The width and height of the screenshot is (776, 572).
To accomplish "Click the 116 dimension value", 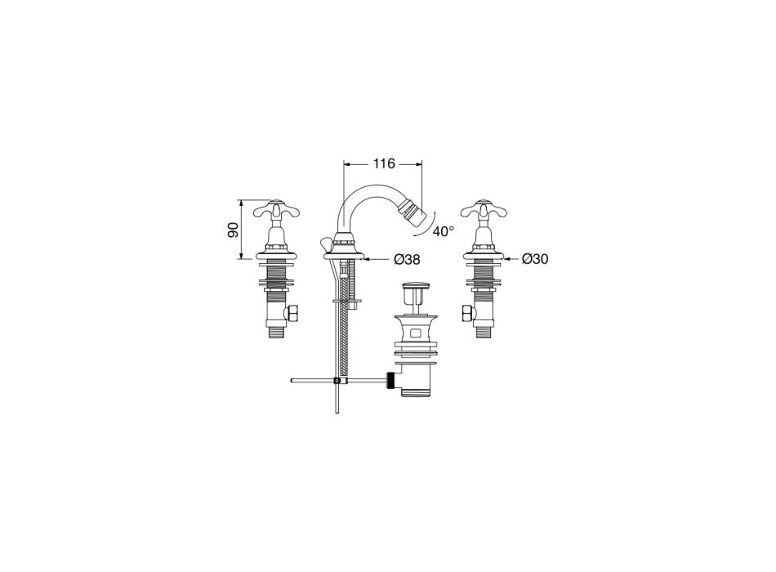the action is click(x=384, y=163).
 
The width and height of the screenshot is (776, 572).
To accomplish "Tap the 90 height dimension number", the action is click(x=233, y=230).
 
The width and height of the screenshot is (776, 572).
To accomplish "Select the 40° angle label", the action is click(x=443, y=230).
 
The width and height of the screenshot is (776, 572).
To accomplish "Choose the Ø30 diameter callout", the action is click(x=535, y=258).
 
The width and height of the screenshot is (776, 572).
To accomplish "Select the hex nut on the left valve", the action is click(x=293, y=314).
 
